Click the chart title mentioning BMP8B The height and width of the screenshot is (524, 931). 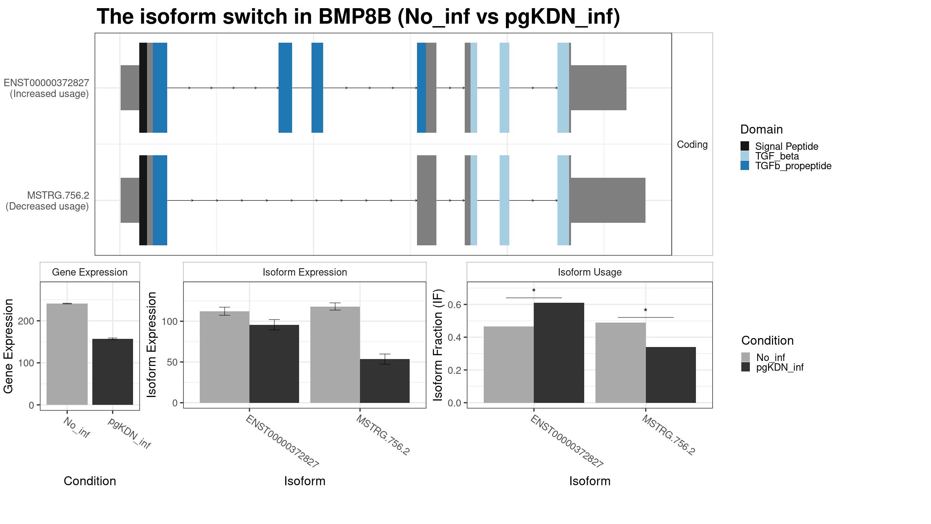coord(358,17)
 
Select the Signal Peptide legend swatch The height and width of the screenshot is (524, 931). coord(745,146)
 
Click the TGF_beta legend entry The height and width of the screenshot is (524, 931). coord(777,156)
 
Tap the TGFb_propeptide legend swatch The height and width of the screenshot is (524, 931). coord(745,166)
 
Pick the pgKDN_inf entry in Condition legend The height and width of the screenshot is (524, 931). coord(780,367)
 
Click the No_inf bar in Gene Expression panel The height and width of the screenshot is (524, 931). coord(67,354)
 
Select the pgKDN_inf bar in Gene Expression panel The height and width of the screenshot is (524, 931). coord(112,372)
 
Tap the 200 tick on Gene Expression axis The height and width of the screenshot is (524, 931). coord(28,321)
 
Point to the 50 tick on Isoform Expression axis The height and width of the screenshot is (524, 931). coord(167,362)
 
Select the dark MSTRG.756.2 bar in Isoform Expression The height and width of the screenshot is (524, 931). coord(384,381)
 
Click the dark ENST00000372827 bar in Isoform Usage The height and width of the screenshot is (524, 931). coord(559,353)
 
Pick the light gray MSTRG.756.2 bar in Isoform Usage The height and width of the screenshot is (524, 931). coord(620,363)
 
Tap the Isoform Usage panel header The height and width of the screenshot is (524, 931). coord(589,272)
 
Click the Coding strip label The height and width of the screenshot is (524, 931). coord(692,144)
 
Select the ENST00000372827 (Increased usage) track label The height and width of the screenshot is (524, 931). coord(47,88)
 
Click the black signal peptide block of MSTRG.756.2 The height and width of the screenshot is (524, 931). coord(143,200)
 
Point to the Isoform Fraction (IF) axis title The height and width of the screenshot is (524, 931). coord(438,345)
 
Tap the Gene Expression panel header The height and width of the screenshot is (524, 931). coord(90,272)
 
